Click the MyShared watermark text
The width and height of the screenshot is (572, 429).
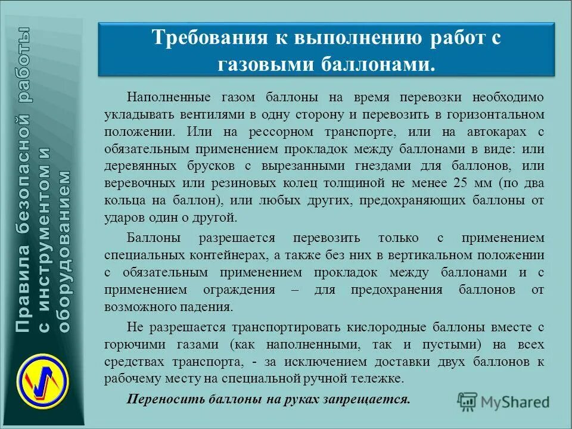coord(516,402)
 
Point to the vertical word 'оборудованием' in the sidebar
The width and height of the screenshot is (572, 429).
coord(64,250)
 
